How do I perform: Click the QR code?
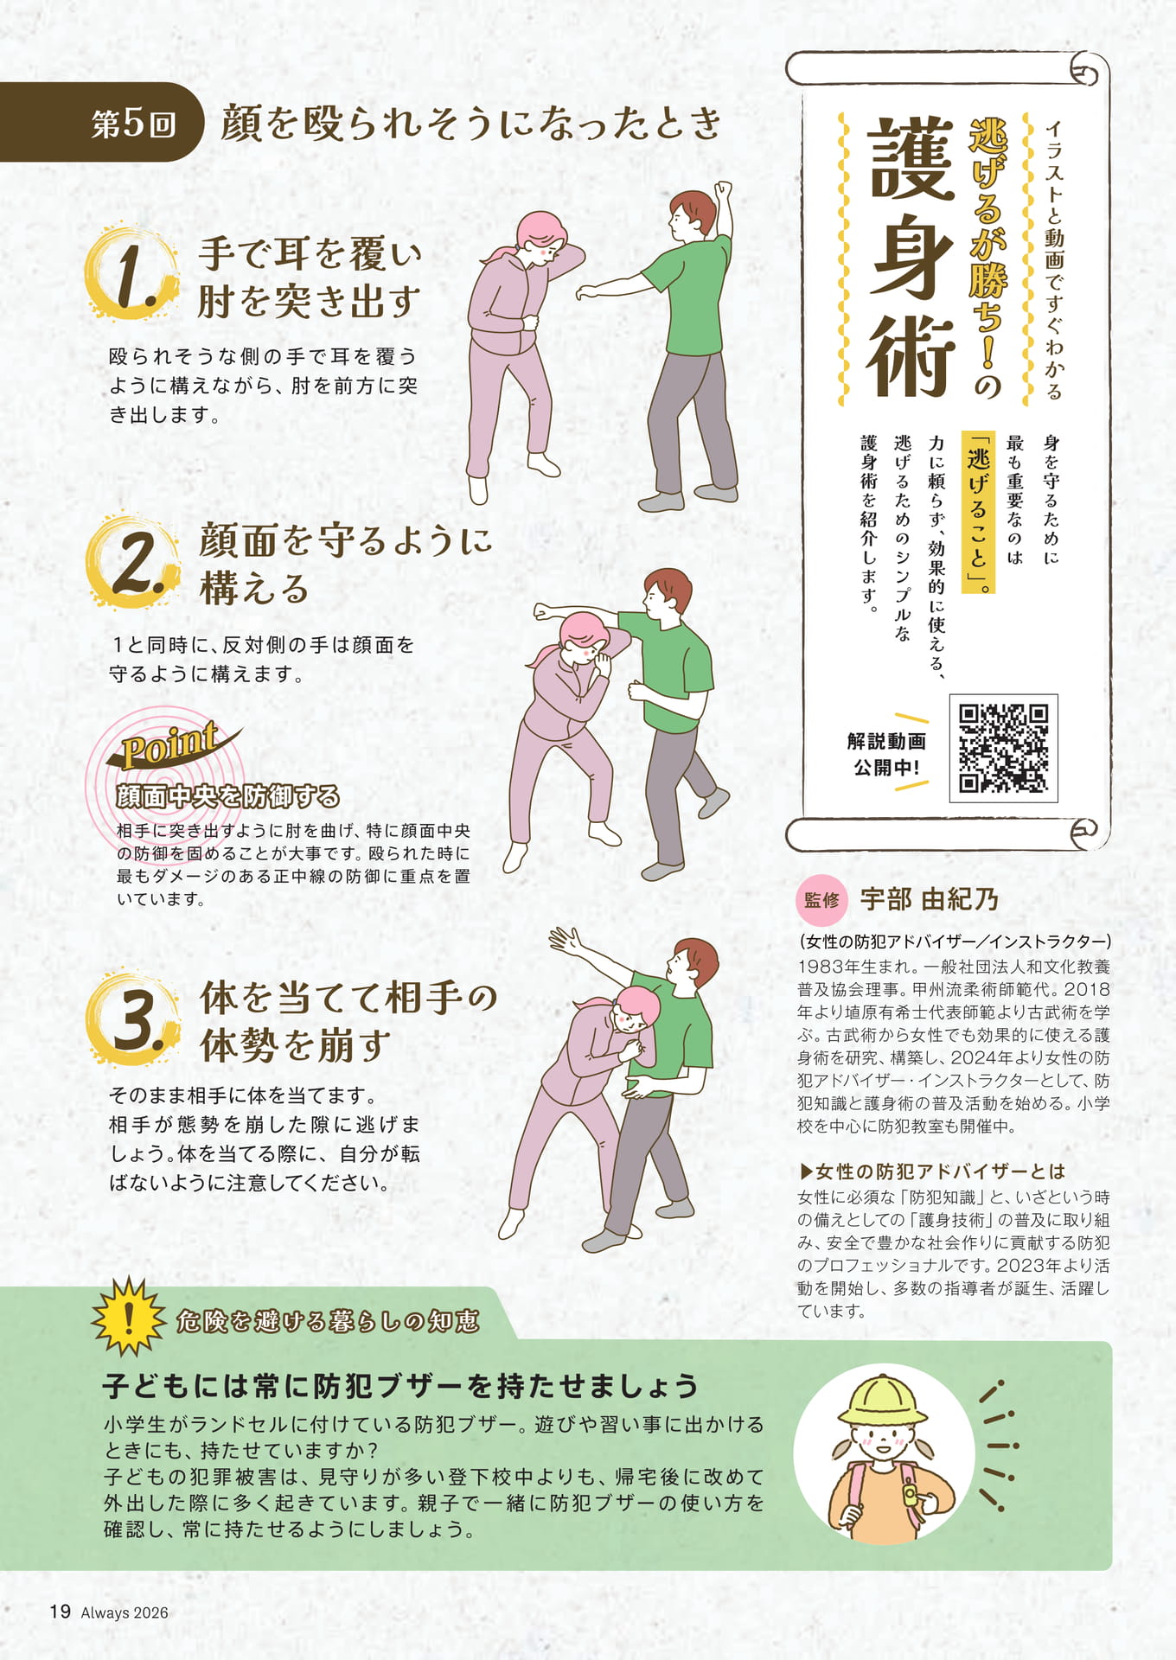click(1003, 748)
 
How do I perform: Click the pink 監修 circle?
click(821, 900)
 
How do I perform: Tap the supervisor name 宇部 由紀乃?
click(929, 900)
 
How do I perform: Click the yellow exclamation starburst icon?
click(129, 1315)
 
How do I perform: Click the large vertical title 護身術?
click(911, 259)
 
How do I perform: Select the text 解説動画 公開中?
click(886, 754)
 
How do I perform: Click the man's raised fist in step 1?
click(722, 189)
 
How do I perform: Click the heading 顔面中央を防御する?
click(228, 796)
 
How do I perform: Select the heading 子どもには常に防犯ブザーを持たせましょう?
click(400, 1386)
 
